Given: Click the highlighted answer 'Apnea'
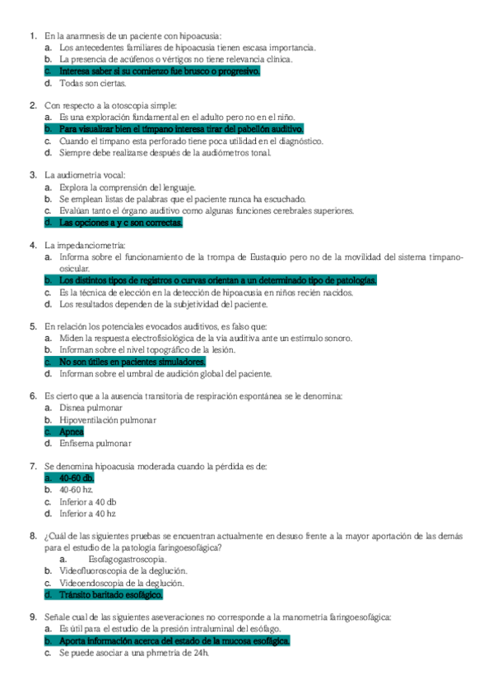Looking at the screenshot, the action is click(x=72, y=432).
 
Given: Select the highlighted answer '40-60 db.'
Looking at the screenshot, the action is click(x=77, y=478).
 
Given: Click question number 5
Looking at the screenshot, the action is click(x=33, y=326).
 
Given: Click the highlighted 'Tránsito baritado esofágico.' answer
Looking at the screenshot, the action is click(x=111, y=594).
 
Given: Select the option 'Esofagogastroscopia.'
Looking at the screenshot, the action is click(x=121, y=560).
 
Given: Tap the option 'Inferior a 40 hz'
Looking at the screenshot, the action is click(x=88, y=513).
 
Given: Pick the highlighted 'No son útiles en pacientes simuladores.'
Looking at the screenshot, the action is click(x=133, y=362).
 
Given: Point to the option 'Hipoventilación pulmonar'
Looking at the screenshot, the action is click(x=108, y=420).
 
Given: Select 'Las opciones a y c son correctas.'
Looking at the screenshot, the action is click(x=121, y=222).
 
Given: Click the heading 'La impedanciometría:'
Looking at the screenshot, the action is click(x=85, y=245).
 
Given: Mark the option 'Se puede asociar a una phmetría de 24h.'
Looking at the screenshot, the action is click(x=135, y=653).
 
